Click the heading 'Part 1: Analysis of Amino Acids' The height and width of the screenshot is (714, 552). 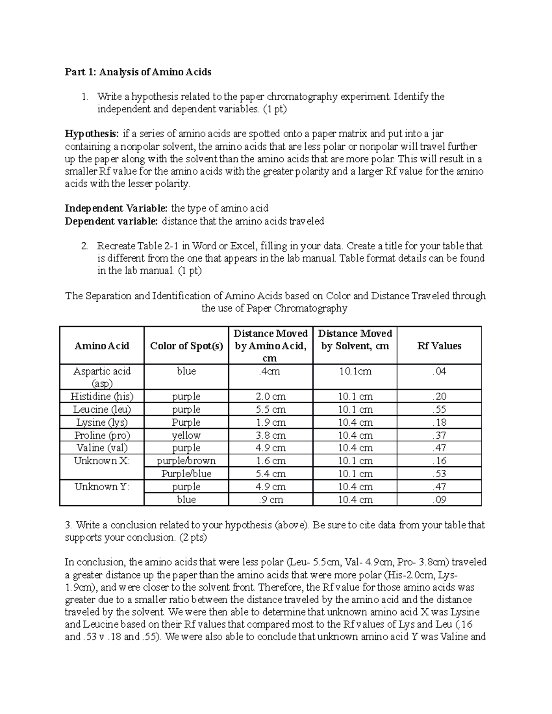point(138,72)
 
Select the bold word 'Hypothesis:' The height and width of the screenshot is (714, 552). point(92,134)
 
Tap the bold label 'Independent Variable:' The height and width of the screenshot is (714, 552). point(116,208)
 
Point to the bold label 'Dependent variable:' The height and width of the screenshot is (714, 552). point(111,221)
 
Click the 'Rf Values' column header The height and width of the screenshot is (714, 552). point(439,346)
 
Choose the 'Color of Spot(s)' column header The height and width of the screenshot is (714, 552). point(186,346)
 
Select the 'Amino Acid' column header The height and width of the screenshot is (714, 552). point(102,346)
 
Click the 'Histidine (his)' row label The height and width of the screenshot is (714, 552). point(102,396)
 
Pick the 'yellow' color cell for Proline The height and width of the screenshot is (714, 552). point(186,435)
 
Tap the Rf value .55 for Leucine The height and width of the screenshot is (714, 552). point(439,409)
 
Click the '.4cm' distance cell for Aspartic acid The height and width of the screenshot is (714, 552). point(270,371)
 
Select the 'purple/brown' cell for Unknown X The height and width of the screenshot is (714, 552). point(186,461)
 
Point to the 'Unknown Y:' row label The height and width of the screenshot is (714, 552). point(102,486)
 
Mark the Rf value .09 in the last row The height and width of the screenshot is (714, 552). point(439,499)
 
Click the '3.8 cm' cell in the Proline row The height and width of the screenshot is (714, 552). point(270,435)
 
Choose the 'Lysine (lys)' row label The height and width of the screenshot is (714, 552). point(102,422)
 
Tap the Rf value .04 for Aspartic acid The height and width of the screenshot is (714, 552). point(439,371)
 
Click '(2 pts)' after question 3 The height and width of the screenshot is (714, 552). point(192,537)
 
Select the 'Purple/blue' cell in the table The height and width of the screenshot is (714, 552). point(186,474)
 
